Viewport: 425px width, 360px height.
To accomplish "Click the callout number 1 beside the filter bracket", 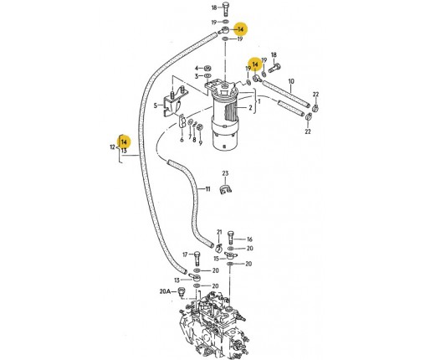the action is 259,101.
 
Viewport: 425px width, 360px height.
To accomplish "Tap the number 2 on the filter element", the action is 250,107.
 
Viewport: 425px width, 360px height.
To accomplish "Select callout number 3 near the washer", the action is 197,76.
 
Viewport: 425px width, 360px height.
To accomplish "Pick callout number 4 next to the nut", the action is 197,68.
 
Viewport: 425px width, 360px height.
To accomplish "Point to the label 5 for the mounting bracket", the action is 156,105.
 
